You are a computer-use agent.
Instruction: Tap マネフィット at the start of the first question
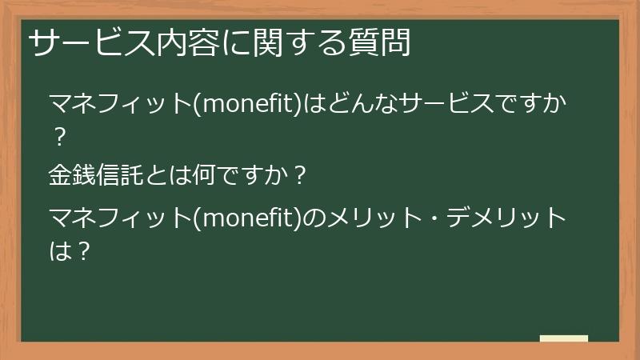(x=118, y=105)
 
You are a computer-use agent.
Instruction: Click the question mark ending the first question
(x=58, y=138)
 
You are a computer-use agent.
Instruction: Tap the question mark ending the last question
(x=82, y=251)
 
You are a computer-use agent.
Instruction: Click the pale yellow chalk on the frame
(x=564, y=338)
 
